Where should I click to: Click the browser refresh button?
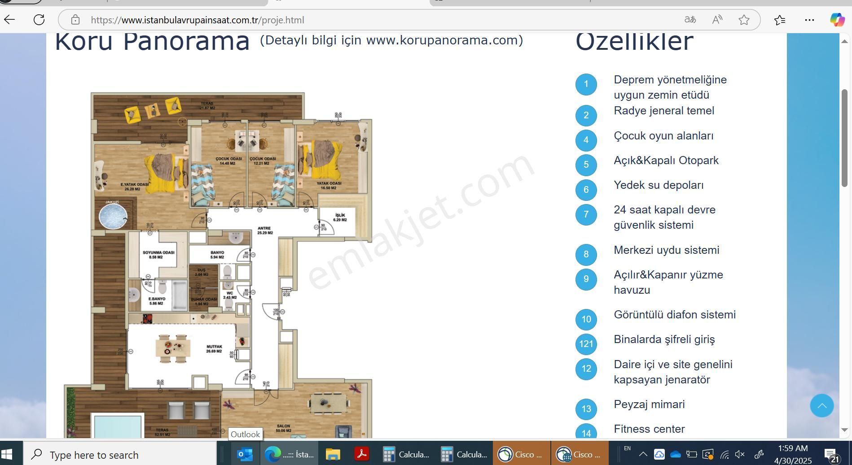(39, 20)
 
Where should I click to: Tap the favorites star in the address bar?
(744, 20)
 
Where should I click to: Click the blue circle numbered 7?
(586, 214)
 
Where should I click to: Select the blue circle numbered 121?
(586, 344)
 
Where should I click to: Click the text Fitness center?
(649, 429)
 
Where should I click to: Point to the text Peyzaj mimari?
(649, 404)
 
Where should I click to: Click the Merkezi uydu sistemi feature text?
(666, 250)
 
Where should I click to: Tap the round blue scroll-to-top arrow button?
(821, 406)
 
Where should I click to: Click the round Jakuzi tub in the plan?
(113, 216)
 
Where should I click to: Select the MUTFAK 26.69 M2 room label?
(214, 349)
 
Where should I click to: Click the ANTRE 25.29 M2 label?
(264, 230)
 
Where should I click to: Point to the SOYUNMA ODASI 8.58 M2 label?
(158, 255)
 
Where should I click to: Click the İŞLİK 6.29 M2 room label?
(340, 217)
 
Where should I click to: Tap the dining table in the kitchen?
(173, 348)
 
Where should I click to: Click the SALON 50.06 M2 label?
(283, 428)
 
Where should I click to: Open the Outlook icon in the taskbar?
(245, 455)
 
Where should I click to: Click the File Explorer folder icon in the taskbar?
(333, 455)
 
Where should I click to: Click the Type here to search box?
(121, 455)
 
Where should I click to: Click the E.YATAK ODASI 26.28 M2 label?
(134, 187)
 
